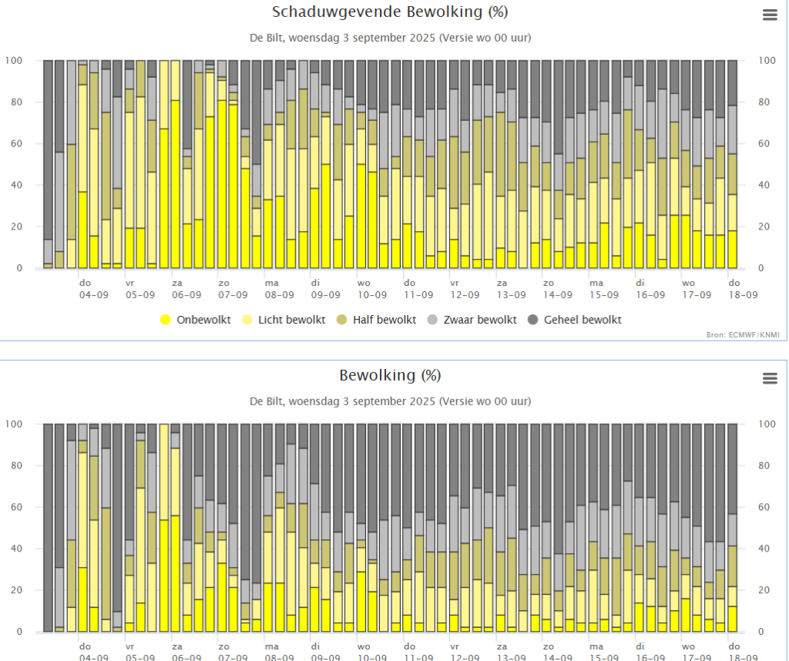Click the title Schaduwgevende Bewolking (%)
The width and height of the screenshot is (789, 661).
[390, 12]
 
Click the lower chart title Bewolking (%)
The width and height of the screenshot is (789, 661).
[390, 376]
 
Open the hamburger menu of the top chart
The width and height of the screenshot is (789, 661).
[768, 15]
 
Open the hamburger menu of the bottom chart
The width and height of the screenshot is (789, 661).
[768, 378]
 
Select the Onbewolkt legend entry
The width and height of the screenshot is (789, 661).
[196, 320]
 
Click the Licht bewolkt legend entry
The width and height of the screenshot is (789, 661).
[284, 320]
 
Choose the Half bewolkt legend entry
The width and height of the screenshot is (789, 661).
[377, 320]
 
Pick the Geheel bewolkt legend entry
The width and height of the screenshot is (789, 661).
[574, 320]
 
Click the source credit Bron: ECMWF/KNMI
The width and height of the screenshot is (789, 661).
[743, 334]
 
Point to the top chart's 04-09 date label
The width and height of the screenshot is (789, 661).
[94, 294]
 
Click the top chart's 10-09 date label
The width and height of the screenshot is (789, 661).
[371, 294]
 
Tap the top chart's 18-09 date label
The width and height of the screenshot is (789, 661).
[742, 294]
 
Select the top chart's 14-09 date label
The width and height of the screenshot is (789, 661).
[557, 294]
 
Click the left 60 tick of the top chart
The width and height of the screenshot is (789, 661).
[16, 143]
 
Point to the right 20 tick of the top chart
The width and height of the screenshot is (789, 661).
[764, 226]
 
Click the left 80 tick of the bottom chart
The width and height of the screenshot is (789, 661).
[16, 465]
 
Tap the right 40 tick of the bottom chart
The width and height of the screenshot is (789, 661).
[764, 549]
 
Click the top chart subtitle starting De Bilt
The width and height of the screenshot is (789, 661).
[390, 38]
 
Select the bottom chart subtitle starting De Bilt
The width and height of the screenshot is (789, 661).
[390, 401]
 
